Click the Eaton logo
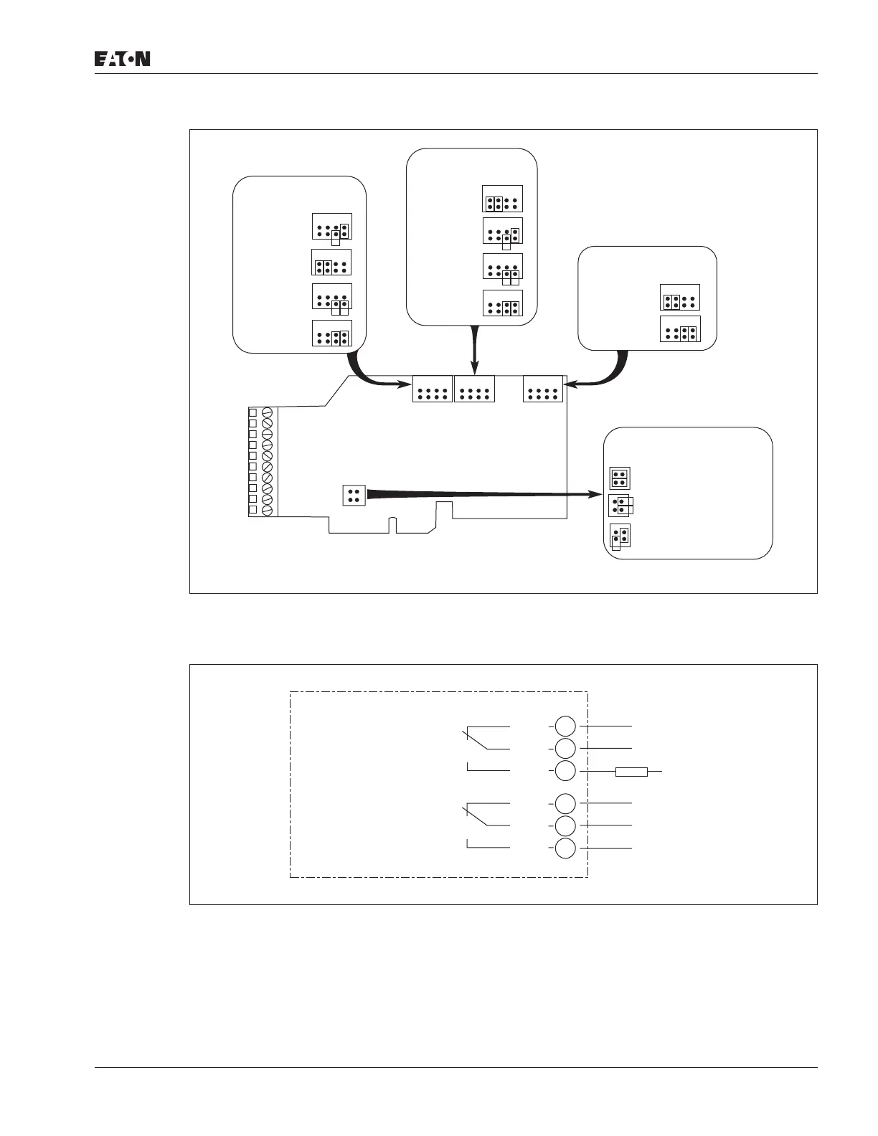pyautogui.click(x=123, y=59)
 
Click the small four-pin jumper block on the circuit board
pyautogui.click(x=354, y=495)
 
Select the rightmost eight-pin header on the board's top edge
pyautogui.click(x=543, y=389)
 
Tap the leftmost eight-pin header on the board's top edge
pyautogui.click(x=433, y=389)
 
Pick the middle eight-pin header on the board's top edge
pyautogui.click(x=475, y=389)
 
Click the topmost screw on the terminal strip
pyautogui.click(x=268, y=413)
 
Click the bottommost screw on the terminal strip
pyautogui.click(x=268, y=510)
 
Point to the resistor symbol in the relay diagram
pyautogui.click(x=631, y=772)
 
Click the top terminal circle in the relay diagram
pyautogui.click(x=565, y=726)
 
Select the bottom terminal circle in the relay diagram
pyautogui.click(x=565, y=848)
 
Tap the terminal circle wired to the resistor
pyautogui.click(x=565, y=772)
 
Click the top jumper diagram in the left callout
pyautogui.click(x=332, y=227)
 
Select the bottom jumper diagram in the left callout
pyautogui.click(x=332, y=333)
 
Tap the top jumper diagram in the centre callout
pyautogui.click(x=502, y=198)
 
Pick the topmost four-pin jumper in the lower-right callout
pyautogui.click(x=619, y=478)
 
